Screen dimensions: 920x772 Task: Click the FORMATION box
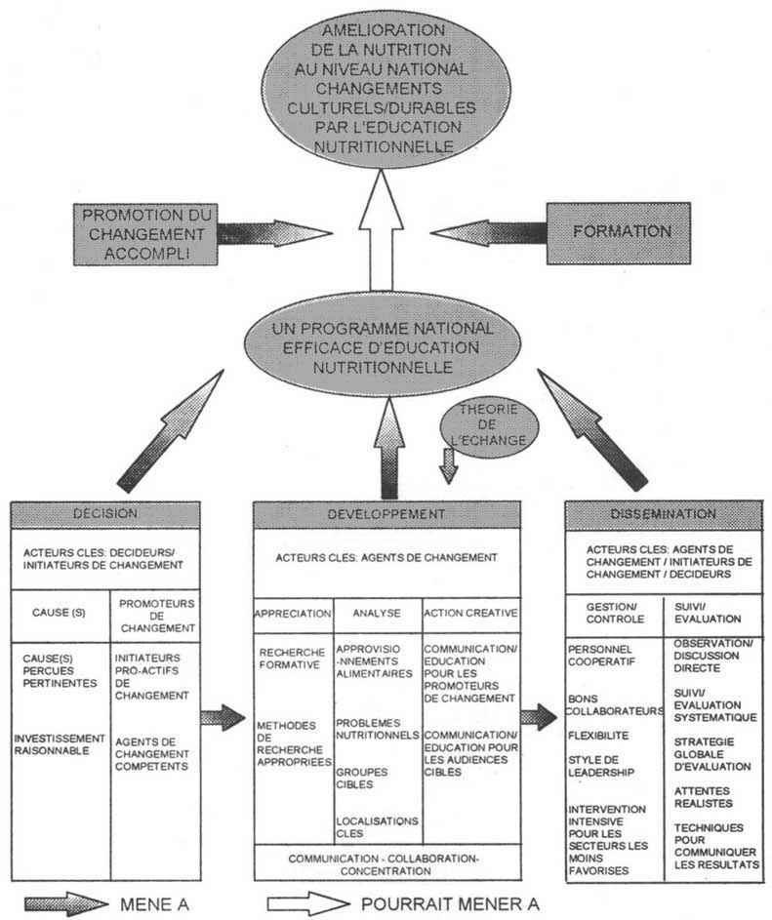point(634,232)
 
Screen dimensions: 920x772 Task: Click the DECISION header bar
point(104,514)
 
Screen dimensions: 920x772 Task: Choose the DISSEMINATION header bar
point(663,514)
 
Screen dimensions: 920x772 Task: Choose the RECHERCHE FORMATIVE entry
point(291,658)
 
